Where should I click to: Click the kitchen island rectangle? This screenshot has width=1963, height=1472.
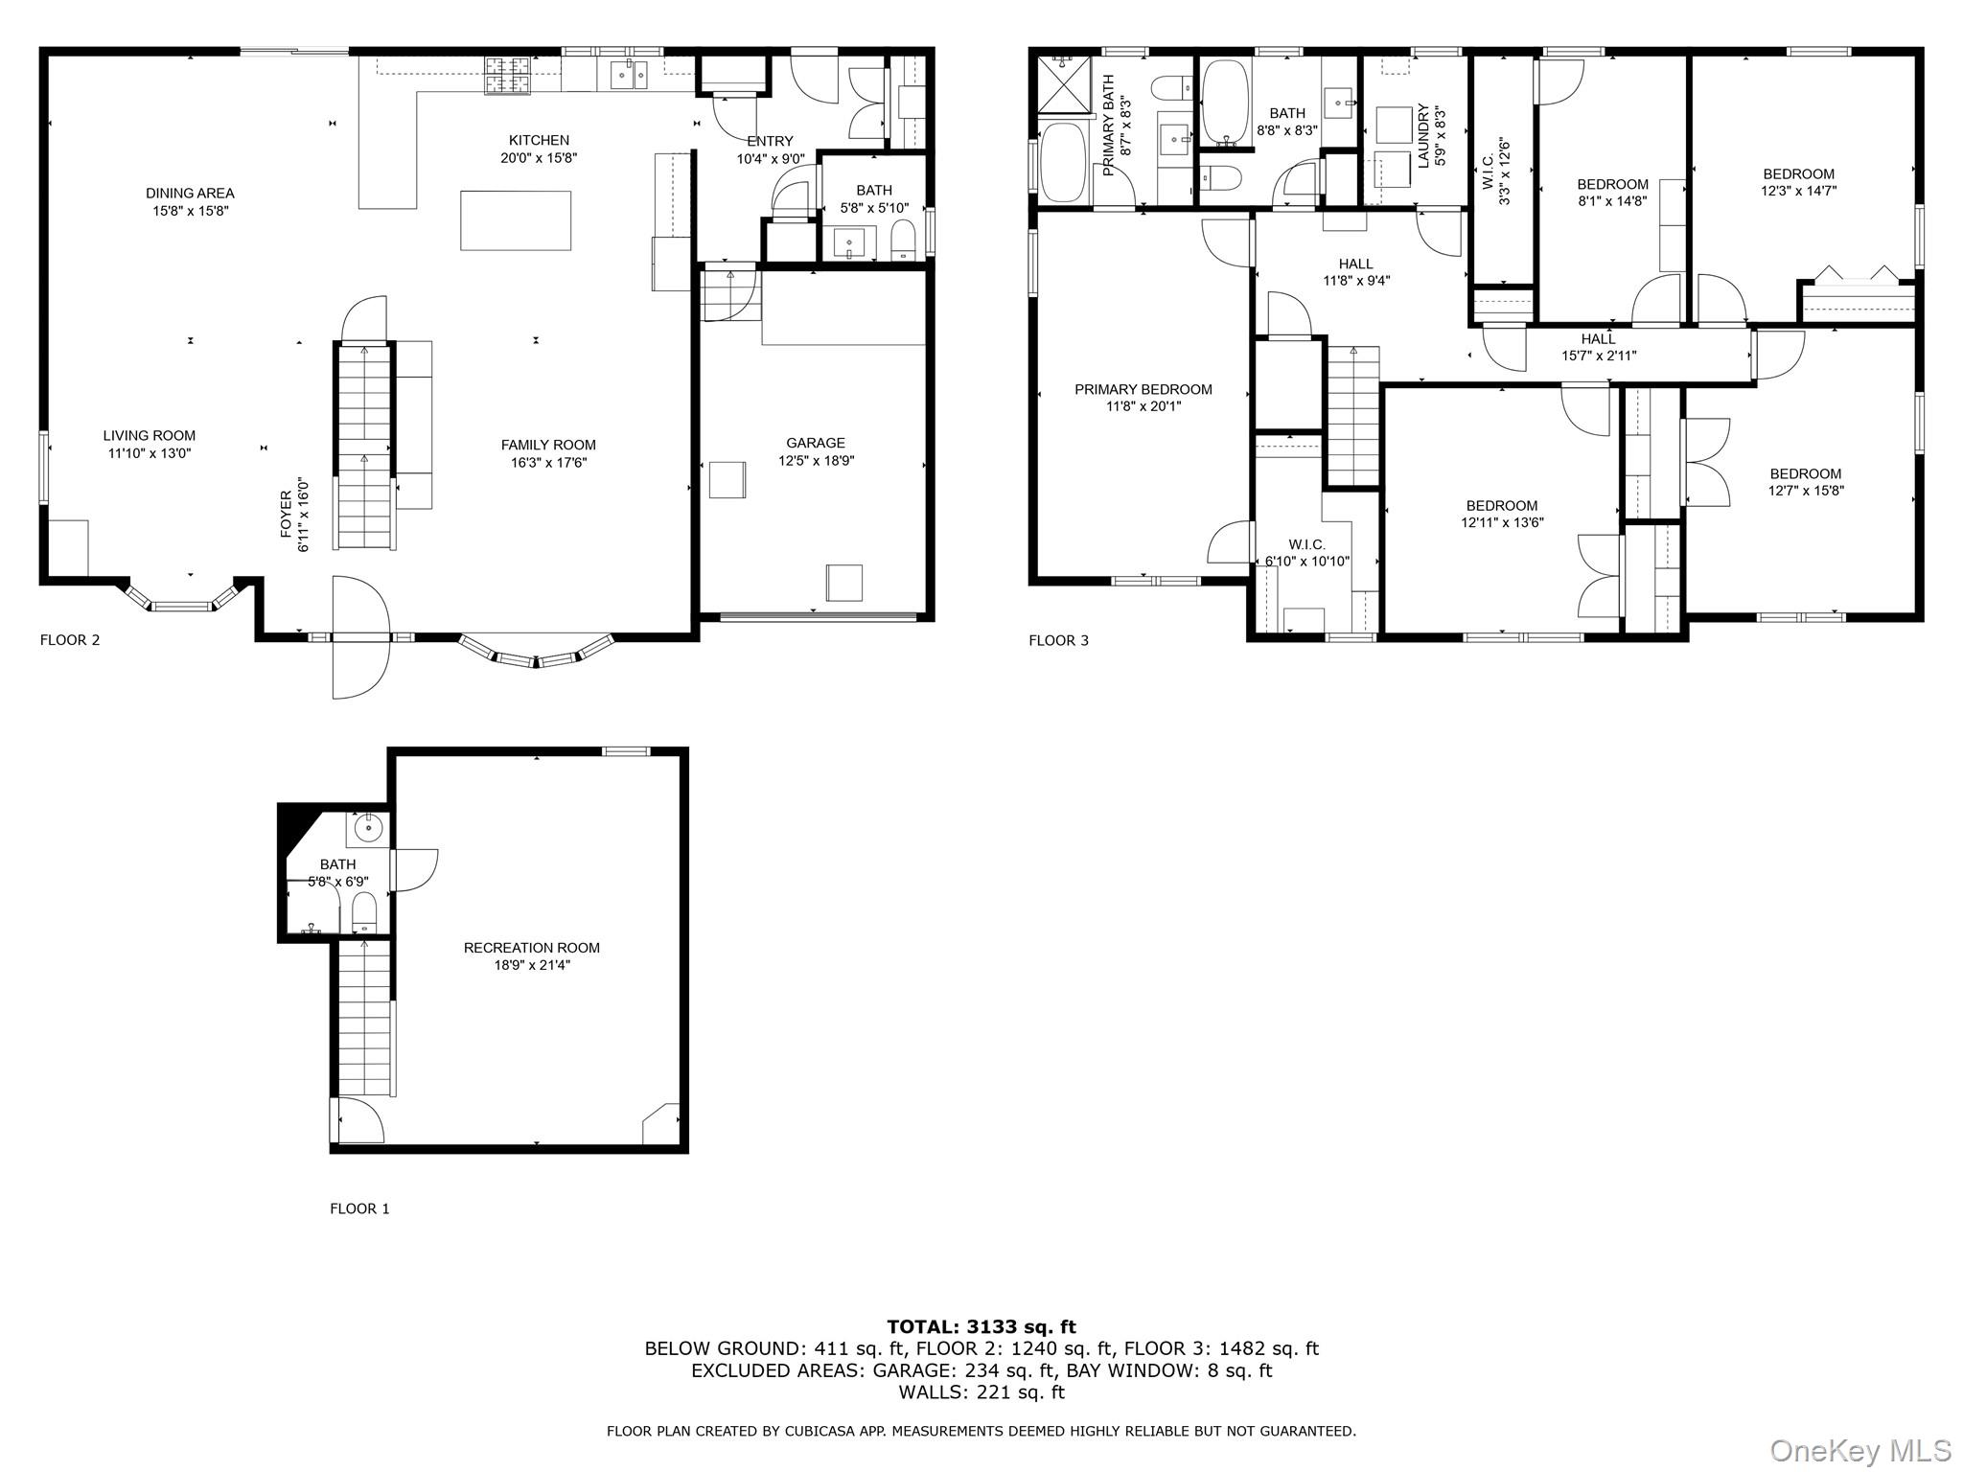(x=516, y=220)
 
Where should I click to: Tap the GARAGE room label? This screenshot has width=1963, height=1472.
(x=816, y=443)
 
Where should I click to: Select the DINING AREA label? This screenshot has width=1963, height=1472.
(x=190, y=194)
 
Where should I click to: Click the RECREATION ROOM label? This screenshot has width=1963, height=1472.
(x=532, y=948)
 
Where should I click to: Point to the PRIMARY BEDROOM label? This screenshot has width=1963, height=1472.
(x=1143, y=389)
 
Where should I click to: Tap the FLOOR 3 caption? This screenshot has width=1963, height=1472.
(x=1059, y=640)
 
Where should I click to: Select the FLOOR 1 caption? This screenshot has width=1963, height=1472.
(x=359, y=1208)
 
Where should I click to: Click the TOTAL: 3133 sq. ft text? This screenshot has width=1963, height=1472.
(x=981, y=1326)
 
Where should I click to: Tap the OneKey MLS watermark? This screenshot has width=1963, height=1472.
(x=1860, y=1450)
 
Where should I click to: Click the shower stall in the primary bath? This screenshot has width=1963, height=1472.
(x=1062, y=85)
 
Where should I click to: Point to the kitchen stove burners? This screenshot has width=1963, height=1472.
(x=508, y=77)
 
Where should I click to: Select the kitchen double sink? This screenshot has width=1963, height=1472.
(x=628, y=75)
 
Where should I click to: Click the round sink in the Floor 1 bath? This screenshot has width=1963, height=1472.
(x=368, y=826)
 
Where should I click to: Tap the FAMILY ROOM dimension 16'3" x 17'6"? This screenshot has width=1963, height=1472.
(x=548, y=463)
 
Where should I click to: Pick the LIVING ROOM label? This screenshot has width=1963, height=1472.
(x=150, y=436)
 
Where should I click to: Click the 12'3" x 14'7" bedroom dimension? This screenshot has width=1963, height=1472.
(x=1798, y=191)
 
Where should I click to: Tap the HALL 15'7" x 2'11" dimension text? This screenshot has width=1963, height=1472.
(x=1599, y=356)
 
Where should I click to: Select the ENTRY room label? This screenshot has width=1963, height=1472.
(x=771, y=142)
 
